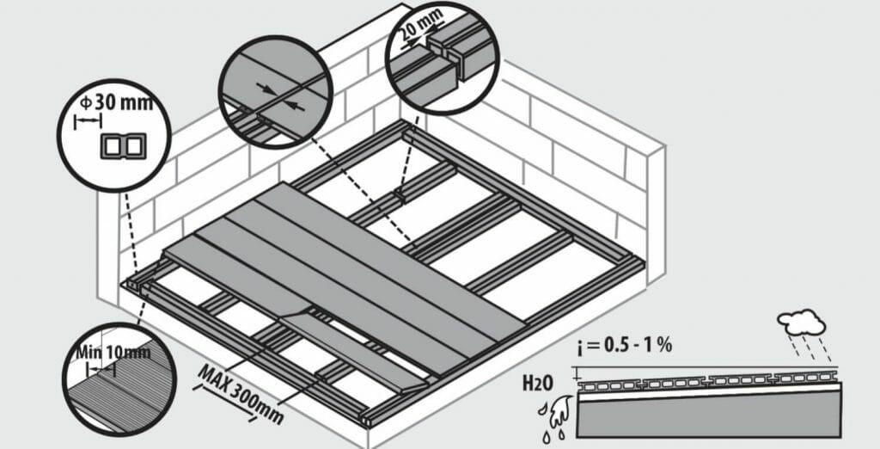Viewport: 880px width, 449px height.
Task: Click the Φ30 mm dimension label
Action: [116, 103]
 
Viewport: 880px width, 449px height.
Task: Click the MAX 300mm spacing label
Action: [241, 394]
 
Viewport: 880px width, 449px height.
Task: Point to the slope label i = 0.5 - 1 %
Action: [622, 345]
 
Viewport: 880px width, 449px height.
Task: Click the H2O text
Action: [538, 384]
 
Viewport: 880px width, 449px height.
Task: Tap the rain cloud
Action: [802, 322]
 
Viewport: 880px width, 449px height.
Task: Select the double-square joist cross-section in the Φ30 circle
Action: [123, 146]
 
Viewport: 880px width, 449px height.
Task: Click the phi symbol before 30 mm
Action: [86, 104]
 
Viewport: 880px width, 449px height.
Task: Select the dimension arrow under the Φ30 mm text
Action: [88, 120]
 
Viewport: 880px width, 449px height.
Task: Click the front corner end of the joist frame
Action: [367, 421]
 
